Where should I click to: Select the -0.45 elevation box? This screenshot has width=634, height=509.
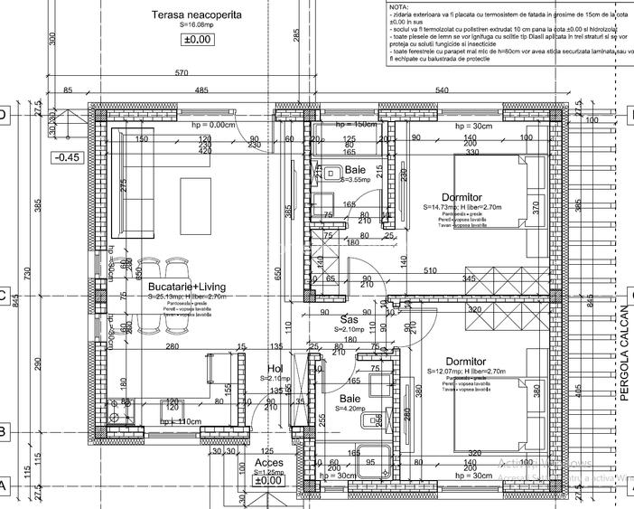coord(68,157)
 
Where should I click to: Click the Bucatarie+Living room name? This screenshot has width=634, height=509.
coord(181,286)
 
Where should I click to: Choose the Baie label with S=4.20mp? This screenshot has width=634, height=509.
coord(351,398)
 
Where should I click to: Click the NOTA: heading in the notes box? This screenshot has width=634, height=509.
coord(397,5)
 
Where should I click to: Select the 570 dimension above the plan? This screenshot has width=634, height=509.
coord(181,73)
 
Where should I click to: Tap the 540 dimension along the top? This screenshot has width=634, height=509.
coord(442,90)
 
